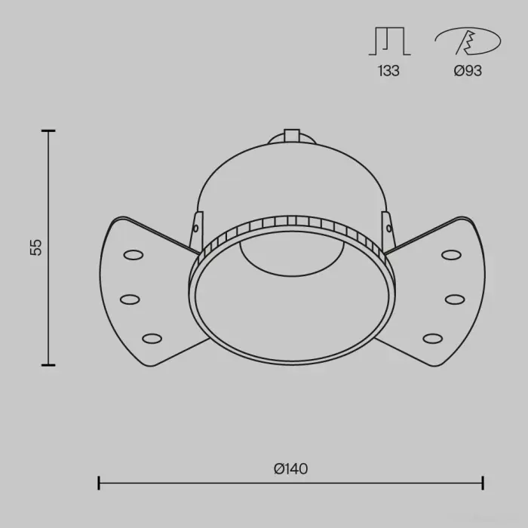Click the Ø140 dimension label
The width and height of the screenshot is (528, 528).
(x=291, y=468)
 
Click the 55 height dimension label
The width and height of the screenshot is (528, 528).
(x=35, y=247)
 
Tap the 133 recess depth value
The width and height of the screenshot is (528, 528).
(x=388, y=71)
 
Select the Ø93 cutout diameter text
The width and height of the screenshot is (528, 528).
(x=468, y=71)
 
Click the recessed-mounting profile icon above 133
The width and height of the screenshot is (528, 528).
(x=390, y=41)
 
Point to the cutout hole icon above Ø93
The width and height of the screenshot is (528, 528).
(x=468, y=41)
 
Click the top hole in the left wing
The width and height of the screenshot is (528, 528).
(x=134, y=255)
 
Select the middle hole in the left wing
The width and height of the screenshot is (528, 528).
(x=130, y=299)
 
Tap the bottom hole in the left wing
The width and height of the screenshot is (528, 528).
(x=152, y=339)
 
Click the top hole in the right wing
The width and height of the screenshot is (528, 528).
(x=451, y=255)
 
